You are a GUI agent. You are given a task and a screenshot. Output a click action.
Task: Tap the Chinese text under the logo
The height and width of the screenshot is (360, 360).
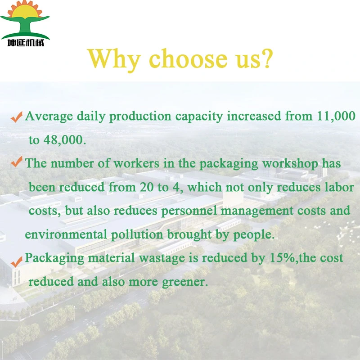(x=26, y=43)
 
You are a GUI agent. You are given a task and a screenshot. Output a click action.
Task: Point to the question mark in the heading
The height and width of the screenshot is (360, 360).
(x=267, y=58)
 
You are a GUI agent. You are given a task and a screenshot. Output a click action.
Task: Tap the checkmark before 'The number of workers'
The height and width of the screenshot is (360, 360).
(x=17, y=162)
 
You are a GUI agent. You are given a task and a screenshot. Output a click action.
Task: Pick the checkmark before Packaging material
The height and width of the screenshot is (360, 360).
(x=17, y=262)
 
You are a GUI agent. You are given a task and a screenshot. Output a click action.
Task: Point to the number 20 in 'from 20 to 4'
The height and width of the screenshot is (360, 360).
(x=147, y=187)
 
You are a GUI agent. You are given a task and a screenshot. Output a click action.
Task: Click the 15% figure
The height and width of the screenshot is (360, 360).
(x=282, y=257)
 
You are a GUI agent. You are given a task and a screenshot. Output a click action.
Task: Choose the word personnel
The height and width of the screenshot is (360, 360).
(x=189, y=211)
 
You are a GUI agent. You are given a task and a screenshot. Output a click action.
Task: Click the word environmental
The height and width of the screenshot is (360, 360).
(x=66, y=234)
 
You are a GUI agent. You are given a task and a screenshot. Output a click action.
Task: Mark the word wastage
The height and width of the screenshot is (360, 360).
(x=162, y=258)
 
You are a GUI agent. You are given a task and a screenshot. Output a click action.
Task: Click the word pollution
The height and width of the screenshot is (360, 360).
(x=137, y=234)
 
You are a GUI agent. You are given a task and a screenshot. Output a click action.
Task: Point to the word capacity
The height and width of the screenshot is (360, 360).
(x=199, y=117)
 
